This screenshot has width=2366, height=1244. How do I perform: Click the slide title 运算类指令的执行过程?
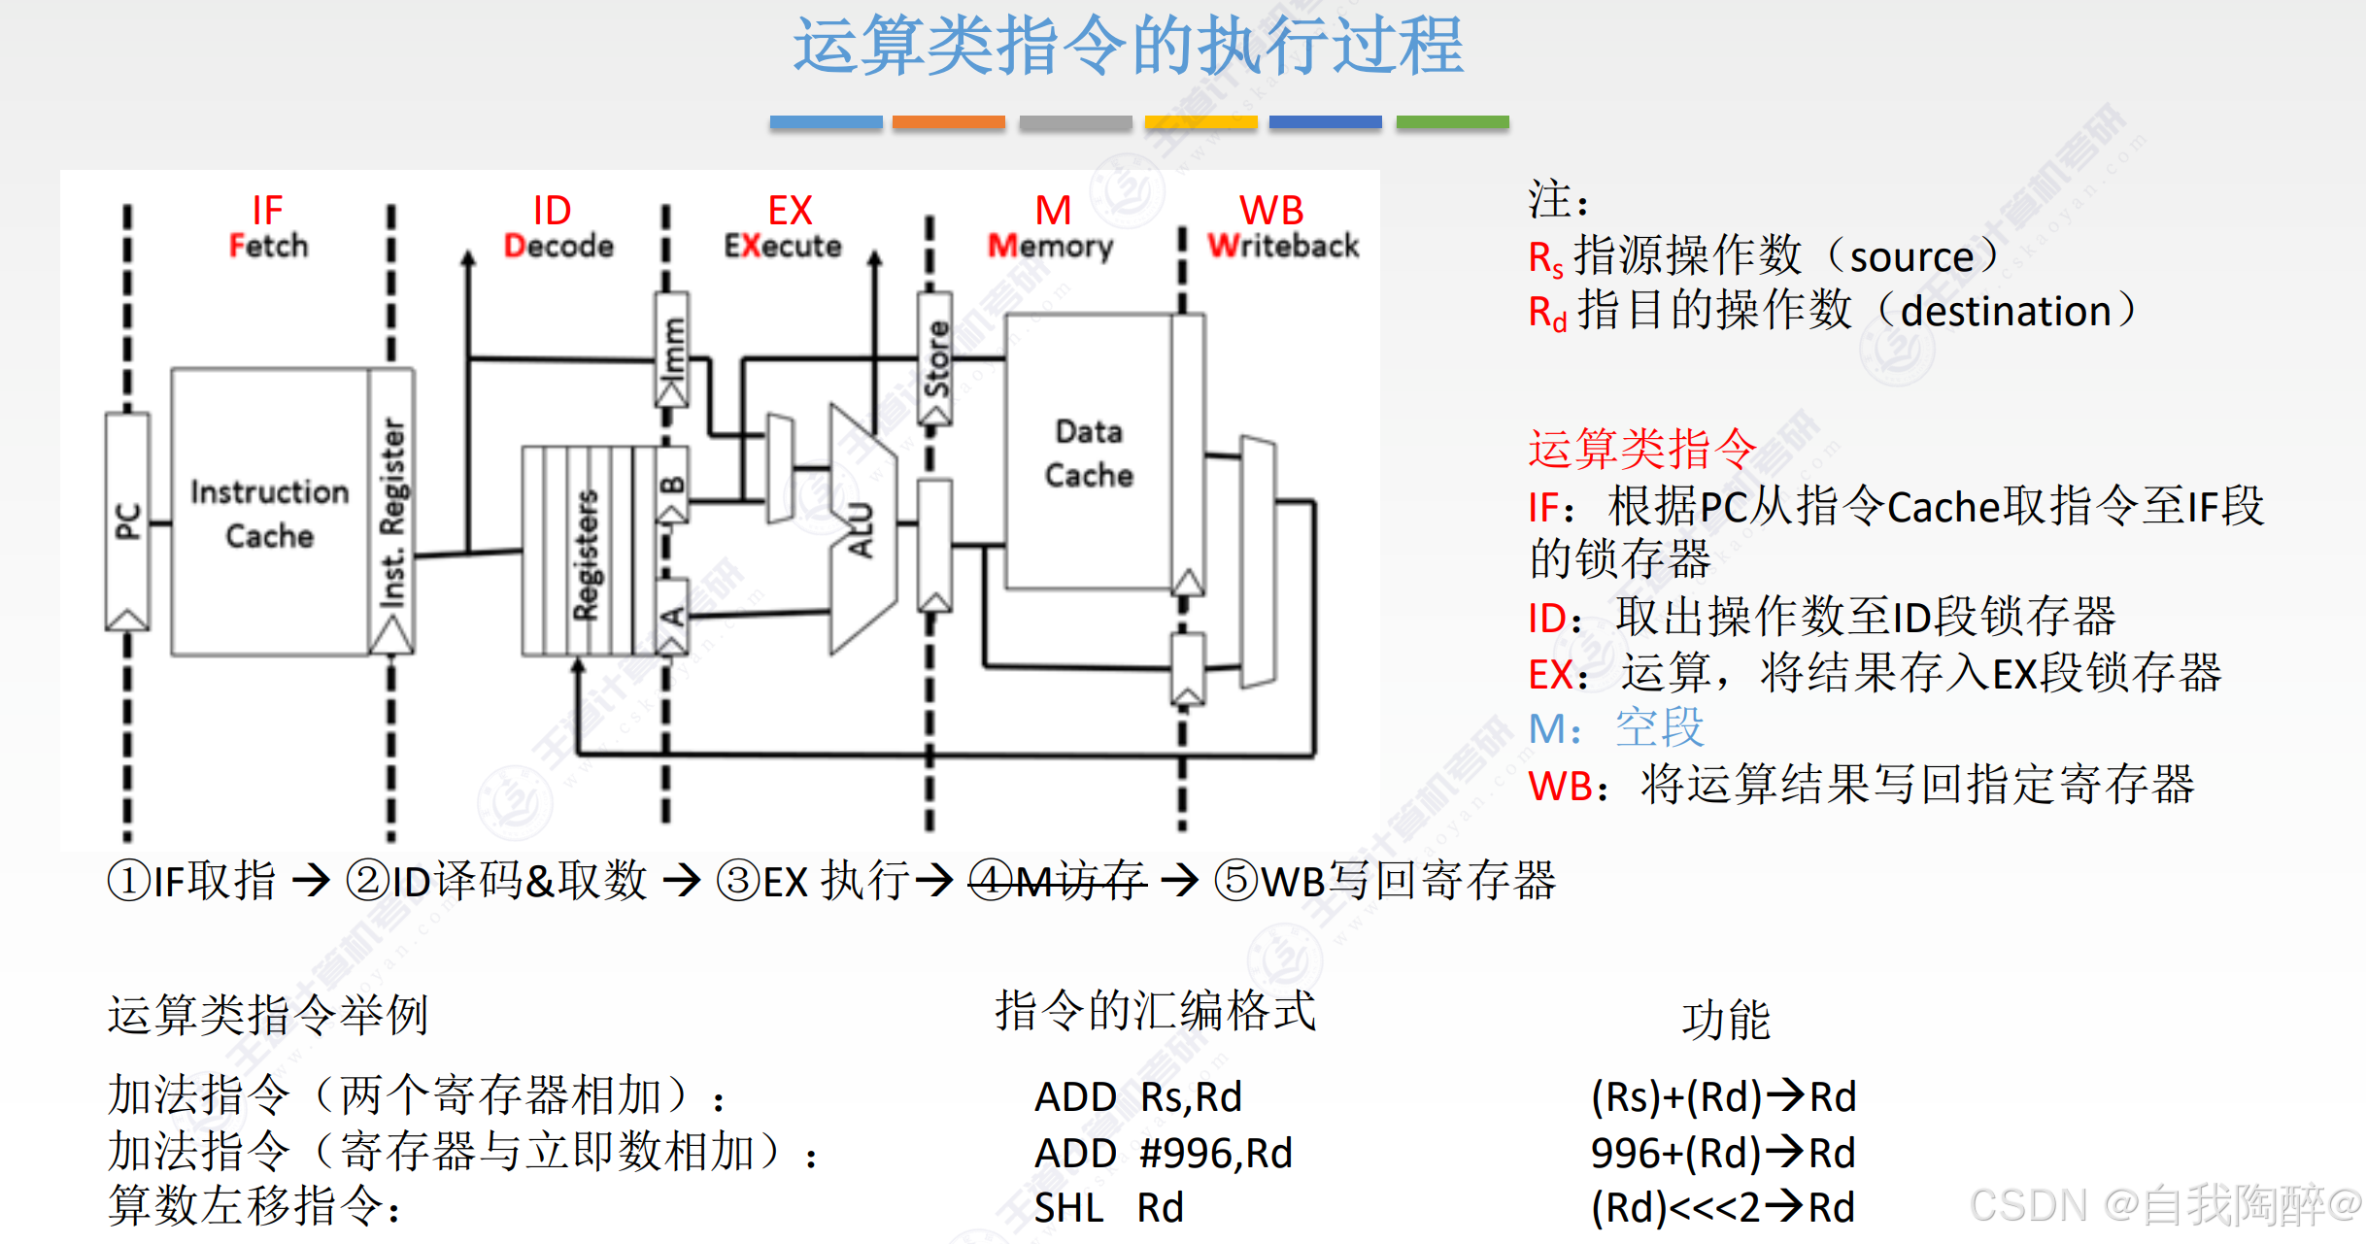coord(1128,46)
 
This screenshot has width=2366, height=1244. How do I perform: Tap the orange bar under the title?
coord(948,122)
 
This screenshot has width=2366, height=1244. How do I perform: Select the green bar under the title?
coord(1451,122)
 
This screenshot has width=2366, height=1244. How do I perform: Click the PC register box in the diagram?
coord(127,521)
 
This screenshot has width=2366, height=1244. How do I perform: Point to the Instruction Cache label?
coord(269,514)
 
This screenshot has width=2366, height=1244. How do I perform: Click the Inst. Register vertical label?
coord(391,513)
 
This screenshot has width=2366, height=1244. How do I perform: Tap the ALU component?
coord(861,530)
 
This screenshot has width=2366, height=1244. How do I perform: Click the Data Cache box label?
coord(1089,454)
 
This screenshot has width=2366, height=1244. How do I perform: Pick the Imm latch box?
coord(672,350)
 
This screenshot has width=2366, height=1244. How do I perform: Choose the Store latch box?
coord(935,359)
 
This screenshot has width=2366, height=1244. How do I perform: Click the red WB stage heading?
coord(1270,211)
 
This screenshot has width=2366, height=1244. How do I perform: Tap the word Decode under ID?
coord(558,246)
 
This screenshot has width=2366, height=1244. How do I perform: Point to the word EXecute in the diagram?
coord(783,246)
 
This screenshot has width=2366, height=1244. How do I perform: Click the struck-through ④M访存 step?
coord(1059,881)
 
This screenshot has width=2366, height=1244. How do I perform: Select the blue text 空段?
coord(1659,728)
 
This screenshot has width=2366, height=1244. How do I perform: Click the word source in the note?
coord(1910,257)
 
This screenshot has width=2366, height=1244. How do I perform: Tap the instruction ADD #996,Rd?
coord(1163,1154)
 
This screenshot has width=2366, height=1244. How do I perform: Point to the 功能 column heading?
coord(1725,1020)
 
